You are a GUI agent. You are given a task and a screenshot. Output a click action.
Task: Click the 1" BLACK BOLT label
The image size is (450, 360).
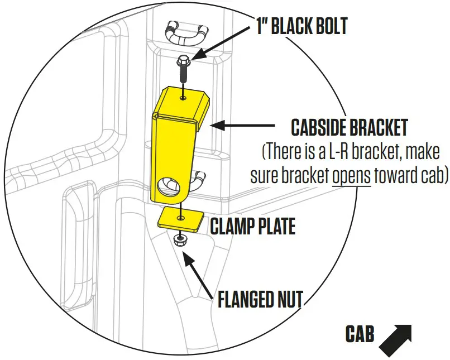[301, 26]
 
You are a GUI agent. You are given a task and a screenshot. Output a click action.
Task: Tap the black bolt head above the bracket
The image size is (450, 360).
[183, 61]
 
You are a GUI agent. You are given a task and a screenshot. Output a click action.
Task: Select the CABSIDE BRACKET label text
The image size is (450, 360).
[349, 128]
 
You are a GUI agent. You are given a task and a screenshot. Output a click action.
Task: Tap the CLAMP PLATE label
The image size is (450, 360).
[252, 226]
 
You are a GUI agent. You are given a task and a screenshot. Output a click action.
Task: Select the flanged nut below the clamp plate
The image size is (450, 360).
[180, 241]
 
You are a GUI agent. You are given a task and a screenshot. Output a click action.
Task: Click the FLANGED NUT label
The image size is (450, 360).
[260, 300]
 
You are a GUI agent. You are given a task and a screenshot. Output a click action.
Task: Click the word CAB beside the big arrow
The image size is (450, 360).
[360, 335]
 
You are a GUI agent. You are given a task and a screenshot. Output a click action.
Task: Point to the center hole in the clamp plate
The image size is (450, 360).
[180, 217]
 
